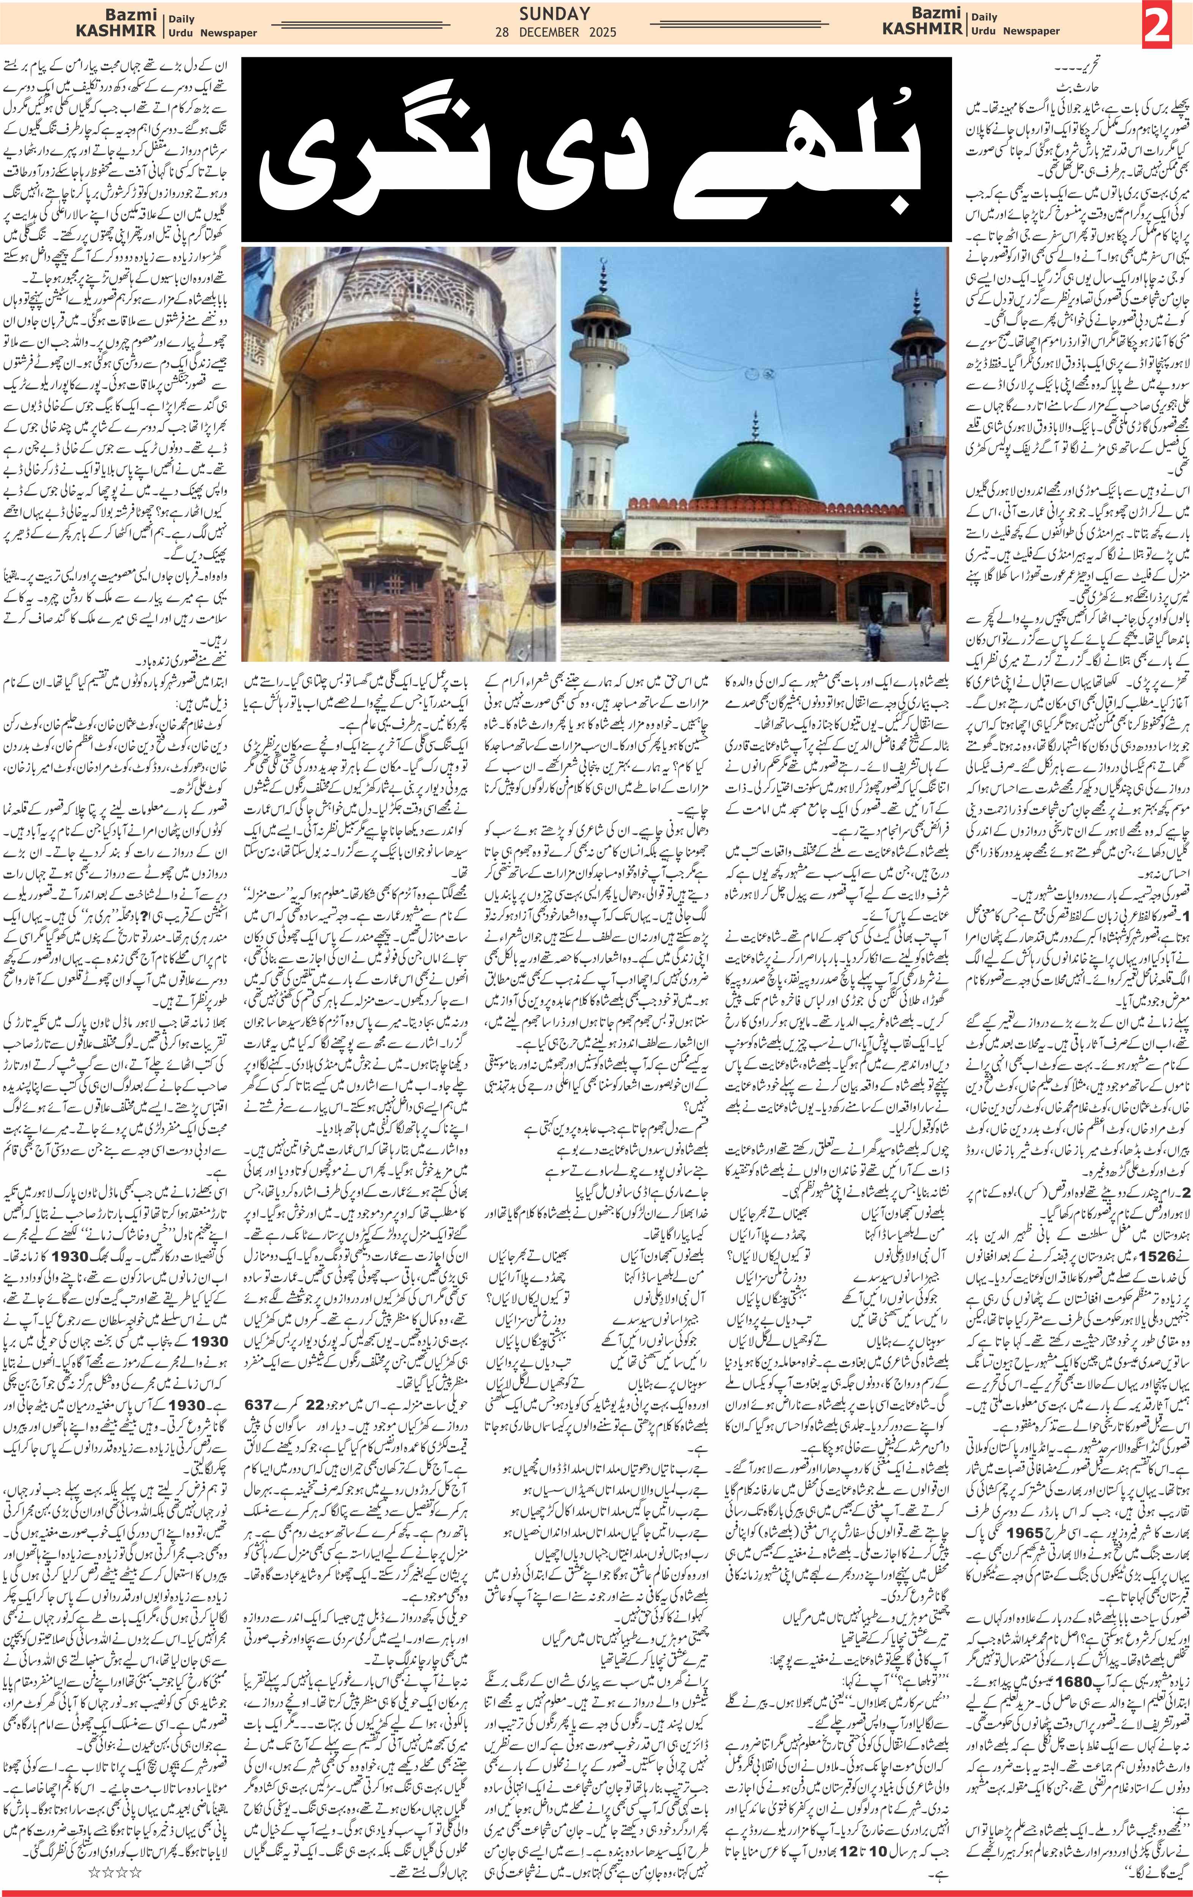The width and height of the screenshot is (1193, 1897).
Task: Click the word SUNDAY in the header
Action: pos(555,13)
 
